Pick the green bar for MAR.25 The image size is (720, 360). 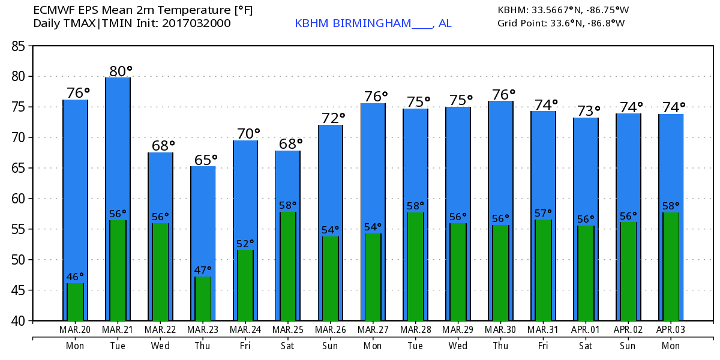[x=288, y=266]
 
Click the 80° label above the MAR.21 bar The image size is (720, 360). [x=118, y=71]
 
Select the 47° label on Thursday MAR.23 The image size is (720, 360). [x=203, y=270]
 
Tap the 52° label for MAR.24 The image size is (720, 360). [x=245, y=244]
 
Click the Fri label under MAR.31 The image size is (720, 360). [x=543, y=346]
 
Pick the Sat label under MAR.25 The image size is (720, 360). [x=287, y=346]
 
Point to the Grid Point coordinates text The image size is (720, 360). [x=561, y=23]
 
